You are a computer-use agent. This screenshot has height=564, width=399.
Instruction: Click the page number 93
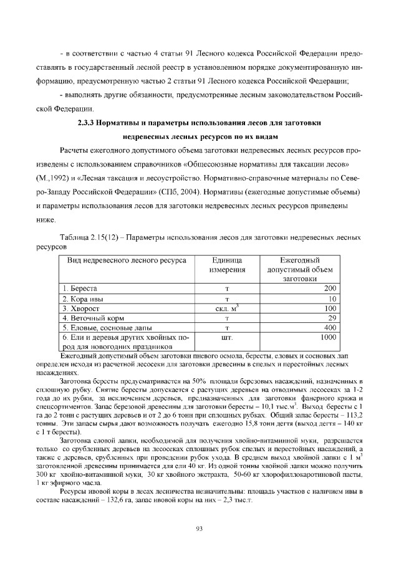coord(199,529)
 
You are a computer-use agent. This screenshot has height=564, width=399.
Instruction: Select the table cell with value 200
coord(330,289)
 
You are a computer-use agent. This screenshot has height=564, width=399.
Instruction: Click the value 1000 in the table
coord(329,337)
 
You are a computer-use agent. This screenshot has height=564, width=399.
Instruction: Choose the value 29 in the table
coord(332,318)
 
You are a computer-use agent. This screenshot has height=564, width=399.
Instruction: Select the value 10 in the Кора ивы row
coord(332,299)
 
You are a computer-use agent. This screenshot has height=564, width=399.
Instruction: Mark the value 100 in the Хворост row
coord(330,308)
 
